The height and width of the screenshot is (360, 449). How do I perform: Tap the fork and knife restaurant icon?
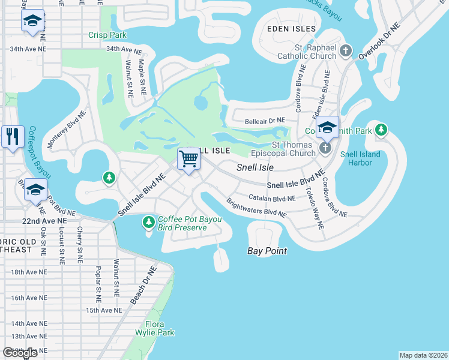(12, 137)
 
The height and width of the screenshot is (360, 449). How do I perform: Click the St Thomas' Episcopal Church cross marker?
(325, 148)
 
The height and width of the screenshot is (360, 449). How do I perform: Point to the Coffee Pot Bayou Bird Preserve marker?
(148, 223)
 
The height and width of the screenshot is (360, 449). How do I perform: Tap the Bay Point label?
(267, 251)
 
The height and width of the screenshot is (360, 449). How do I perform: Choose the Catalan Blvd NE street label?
(273, 198)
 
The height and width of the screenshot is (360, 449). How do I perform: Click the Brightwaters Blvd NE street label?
(256, 208)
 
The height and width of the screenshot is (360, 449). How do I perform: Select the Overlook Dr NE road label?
(379, 41)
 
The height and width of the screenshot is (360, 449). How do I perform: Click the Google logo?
(20, 353)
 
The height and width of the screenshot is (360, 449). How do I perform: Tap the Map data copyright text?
(423, 355)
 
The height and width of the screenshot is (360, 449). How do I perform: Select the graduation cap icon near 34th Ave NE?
(32, 22)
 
